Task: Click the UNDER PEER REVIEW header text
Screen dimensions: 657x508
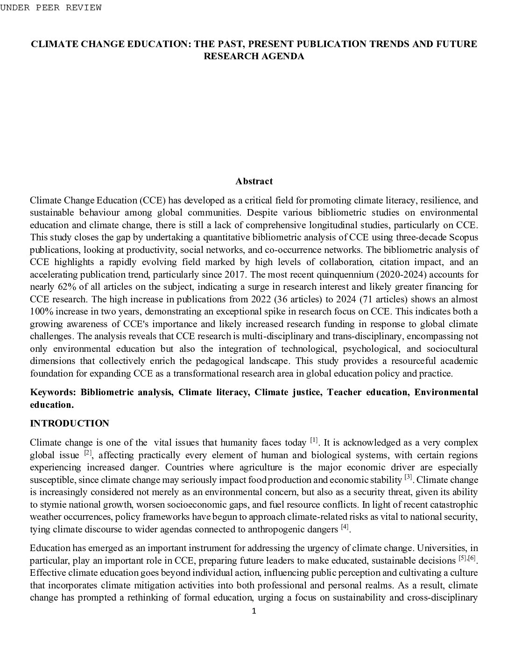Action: pos(50,7)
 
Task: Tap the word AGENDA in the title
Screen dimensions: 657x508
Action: pos(282,56)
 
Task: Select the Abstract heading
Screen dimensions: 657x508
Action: pos(254,181)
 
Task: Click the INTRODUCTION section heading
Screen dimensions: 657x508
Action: pos(70,423)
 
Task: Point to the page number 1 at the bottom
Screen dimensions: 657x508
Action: pos(254,611)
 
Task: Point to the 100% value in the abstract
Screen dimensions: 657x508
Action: pos(40,311)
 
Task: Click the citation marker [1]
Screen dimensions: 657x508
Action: pos(314,440)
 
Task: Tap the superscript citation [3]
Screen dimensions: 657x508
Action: pos(408,477)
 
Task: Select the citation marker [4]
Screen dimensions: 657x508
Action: pos(345,527)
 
